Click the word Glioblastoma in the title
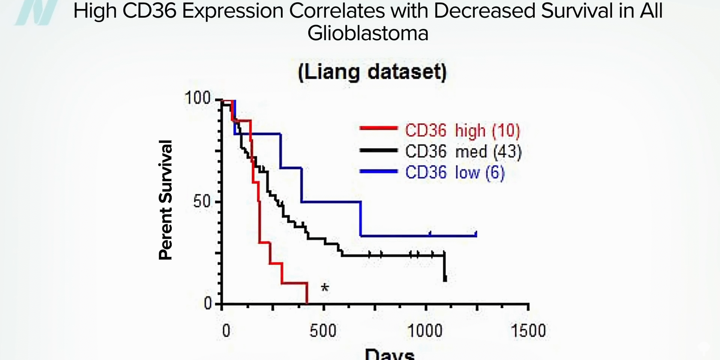368,33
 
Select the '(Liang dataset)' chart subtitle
372,72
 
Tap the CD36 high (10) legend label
463,130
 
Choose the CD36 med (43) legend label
463,152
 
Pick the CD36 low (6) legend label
455,173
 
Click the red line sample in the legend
378,128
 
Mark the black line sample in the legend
378,150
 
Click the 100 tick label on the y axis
197,98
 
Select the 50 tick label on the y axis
202,202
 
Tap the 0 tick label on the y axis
208,303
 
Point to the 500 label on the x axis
323,331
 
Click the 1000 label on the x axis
425,331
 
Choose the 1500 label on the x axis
528,331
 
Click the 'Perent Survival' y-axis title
165,200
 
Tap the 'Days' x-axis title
390,354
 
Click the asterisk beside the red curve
325,288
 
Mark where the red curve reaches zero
307,303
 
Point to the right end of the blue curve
476,235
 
